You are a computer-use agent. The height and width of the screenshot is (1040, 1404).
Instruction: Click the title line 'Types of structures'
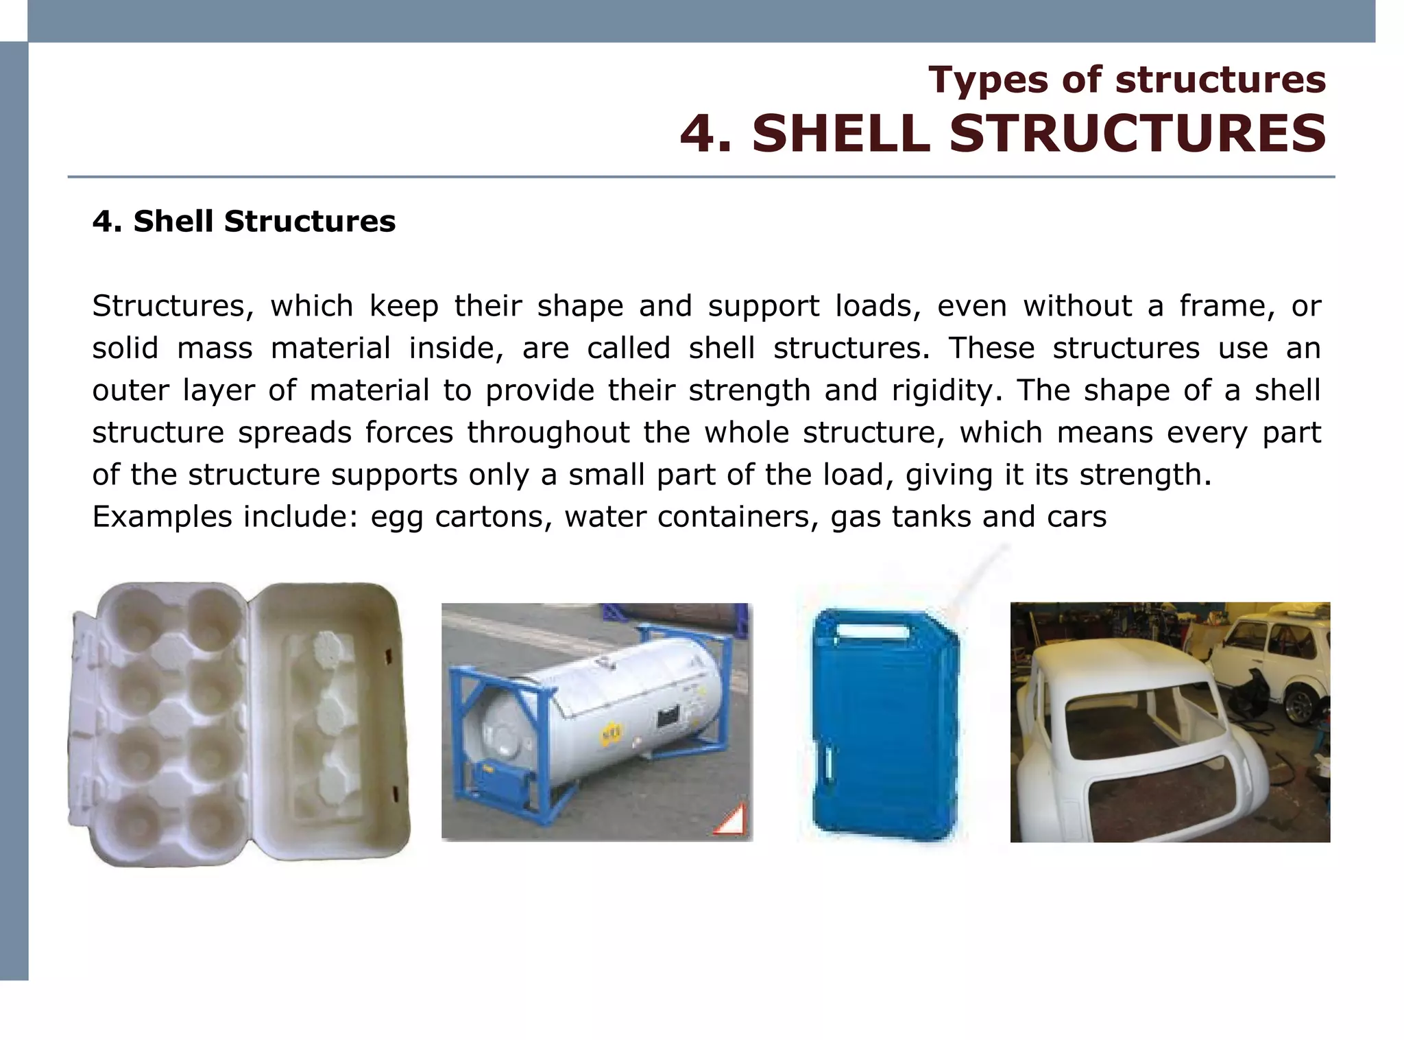(1126, 80)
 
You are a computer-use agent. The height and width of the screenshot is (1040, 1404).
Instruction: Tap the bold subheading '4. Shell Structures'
(243, 222)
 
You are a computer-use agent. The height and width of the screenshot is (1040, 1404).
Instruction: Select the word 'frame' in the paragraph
(1226, 306)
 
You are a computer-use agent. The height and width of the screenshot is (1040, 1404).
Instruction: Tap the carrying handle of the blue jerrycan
(868, 628)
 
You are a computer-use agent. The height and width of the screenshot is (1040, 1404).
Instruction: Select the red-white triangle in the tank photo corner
(730, 820)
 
